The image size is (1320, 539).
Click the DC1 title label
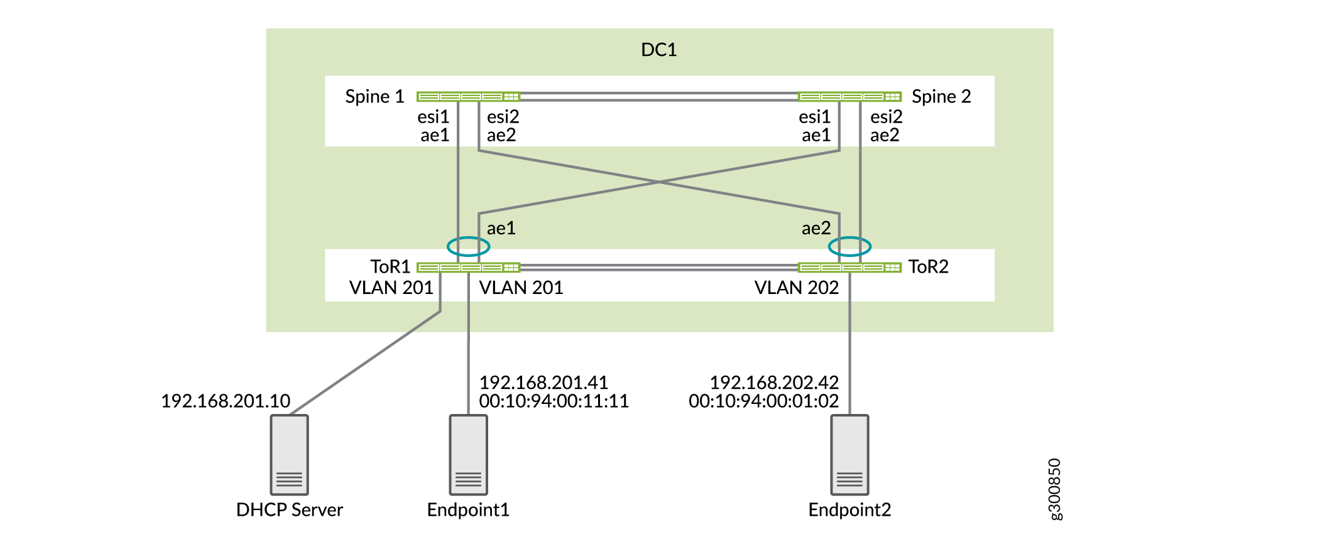658,50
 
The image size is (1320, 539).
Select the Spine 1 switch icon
468,97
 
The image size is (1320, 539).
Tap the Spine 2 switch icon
849,97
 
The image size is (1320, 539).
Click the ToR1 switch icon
468,268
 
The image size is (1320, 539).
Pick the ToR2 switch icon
849,268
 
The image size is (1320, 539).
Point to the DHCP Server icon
289,455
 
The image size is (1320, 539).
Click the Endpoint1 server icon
468,455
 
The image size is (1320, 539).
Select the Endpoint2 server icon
849,455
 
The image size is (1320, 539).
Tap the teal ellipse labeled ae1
468,246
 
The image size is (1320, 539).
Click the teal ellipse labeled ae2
849,246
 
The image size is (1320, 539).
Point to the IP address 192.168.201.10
226,401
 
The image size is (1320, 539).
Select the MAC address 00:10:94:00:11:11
554,401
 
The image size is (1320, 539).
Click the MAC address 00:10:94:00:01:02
763,401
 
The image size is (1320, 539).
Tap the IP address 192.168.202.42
774,382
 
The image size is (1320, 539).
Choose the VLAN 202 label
796,288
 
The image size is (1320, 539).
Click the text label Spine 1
374,97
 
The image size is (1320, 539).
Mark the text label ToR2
928,267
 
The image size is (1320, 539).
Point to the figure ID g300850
1055,489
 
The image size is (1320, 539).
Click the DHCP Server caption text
289,509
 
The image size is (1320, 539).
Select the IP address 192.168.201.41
543,382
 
